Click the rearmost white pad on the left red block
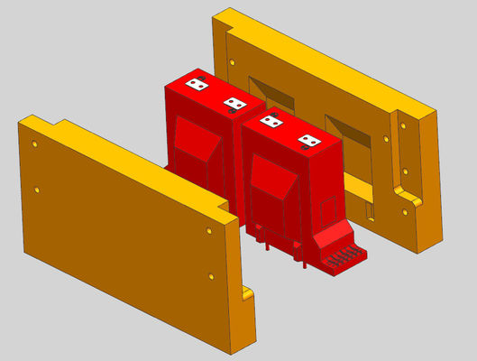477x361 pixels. [196, 85]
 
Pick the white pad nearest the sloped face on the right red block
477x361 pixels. [309, 140]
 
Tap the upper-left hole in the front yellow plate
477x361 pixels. [34, 143]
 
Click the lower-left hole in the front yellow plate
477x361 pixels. [37, 190]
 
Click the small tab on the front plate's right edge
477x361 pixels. [248, 292]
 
